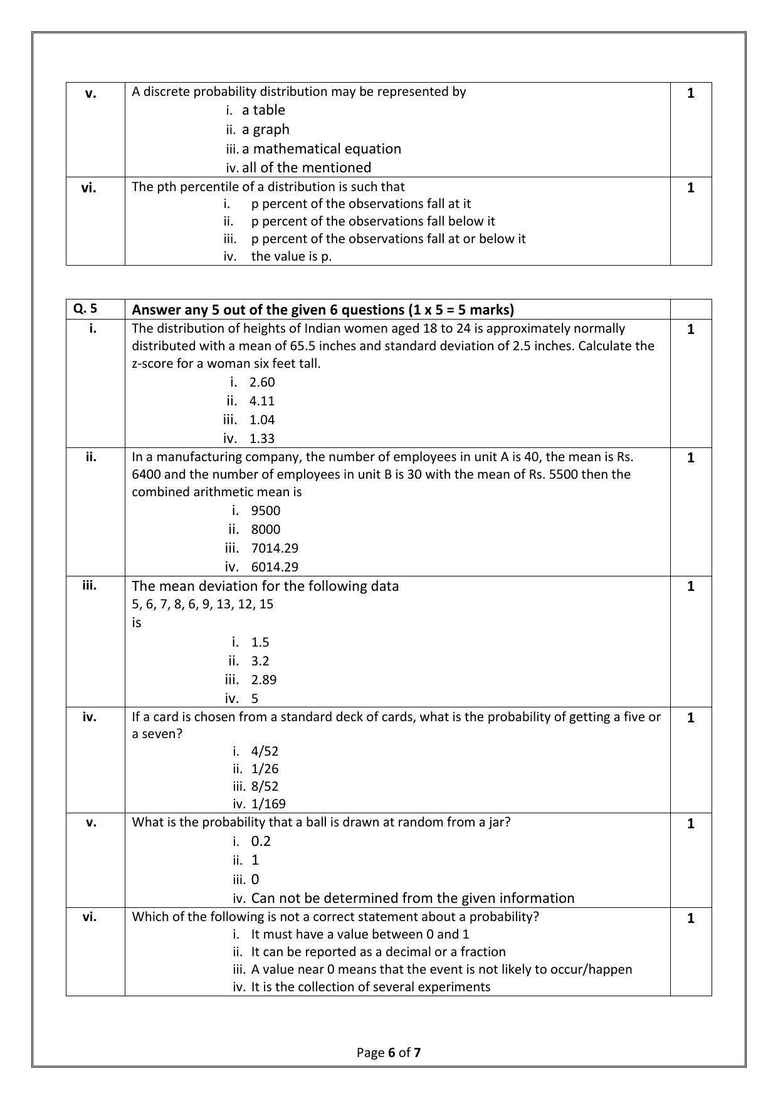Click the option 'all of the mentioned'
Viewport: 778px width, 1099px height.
tap(306, 167)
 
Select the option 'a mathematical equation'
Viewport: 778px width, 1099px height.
tap(321, 148)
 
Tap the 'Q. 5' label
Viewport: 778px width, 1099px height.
tap(85, 308)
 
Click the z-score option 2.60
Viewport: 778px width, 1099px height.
tap(261, 382)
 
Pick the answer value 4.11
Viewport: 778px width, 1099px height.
tap(261, 401)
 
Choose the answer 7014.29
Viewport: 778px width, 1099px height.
tap(274, 548)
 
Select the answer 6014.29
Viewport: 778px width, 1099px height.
tap(274, 567)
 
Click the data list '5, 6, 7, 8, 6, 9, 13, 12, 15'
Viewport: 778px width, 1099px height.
tap(202, 604)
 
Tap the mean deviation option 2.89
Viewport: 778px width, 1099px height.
tap(263, 680)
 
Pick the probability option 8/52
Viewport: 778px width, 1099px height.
tap(264, 786)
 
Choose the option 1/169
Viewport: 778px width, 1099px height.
tap(268, 804)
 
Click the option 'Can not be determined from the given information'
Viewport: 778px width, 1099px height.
tap(412, 898)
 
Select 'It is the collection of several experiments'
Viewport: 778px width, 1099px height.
tap(370, 987)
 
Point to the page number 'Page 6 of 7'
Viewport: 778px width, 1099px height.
tap(389, 1052)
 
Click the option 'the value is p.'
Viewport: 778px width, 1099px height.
tap(291, 256)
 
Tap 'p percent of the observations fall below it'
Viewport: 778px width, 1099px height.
tap(372, 221)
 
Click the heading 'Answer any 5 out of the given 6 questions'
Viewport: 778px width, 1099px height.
tap(322, 310)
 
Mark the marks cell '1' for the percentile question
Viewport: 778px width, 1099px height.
tap(690, 188)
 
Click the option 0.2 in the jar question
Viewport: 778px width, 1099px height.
tap(260, 841)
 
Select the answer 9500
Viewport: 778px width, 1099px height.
tap(265, 511)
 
